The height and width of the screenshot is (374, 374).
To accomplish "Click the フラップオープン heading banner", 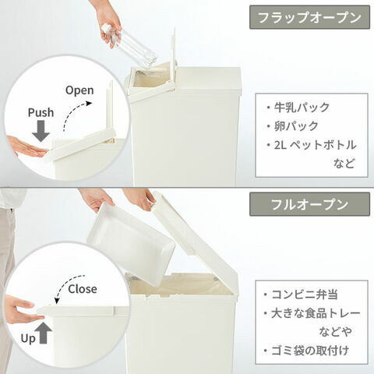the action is [309, 17].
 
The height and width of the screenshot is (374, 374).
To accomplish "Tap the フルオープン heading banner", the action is [309, 204].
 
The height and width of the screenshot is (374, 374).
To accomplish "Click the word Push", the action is [41, 113].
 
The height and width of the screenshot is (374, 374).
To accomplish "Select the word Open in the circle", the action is [79, 90].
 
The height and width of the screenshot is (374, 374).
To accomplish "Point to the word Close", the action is [83, 289].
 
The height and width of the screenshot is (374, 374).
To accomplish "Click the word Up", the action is [28, 339].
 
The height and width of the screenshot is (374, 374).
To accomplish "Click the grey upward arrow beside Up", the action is [44, 333].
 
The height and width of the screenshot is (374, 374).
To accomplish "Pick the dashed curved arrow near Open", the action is [73, 111].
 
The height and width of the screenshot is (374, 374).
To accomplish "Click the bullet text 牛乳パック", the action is [302, 108].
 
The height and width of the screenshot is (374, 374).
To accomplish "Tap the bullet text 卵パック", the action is [296, 126].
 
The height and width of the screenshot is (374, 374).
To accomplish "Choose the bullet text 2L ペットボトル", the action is [315, 145].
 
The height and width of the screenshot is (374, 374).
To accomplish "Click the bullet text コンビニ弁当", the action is [305, 295].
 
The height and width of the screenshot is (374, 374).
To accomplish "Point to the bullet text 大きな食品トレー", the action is [316, 313].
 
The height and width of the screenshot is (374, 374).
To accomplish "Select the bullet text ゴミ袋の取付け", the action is [310, 351].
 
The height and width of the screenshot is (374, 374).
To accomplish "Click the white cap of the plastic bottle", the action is [106, 28].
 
